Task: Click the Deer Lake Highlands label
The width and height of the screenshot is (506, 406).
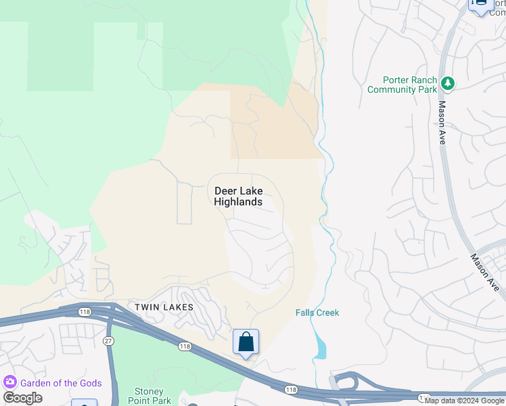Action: pos(238,196)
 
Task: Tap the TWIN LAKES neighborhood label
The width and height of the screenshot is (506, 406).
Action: pos(164,307)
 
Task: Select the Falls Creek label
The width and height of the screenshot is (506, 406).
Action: pos(317,313)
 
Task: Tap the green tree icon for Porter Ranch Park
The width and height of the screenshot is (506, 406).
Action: pos(447,83)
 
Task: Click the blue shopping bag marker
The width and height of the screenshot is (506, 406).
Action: pos(246,342)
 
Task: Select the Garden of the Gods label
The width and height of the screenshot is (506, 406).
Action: pos(61,383)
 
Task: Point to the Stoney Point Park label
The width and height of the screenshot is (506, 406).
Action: pos(149,396)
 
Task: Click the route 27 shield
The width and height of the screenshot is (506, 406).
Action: pos(108,341)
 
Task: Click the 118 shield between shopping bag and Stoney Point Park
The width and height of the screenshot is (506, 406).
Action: pos(184,346)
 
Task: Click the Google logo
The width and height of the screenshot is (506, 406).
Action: pos(22,398)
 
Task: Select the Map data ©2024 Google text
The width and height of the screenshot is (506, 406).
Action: pos(464,401)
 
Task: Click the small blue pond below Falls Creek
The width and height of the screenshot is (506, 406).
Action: pos(320,348)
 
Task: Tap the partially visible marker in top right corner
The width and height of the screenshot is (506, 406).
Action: pos(480,5)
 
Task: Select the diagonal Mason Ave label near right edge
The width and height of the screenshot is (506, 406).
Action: pos(485,273)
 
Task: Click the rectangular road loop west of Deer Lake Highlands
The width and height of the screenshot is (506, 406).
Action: pos(185,203)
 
